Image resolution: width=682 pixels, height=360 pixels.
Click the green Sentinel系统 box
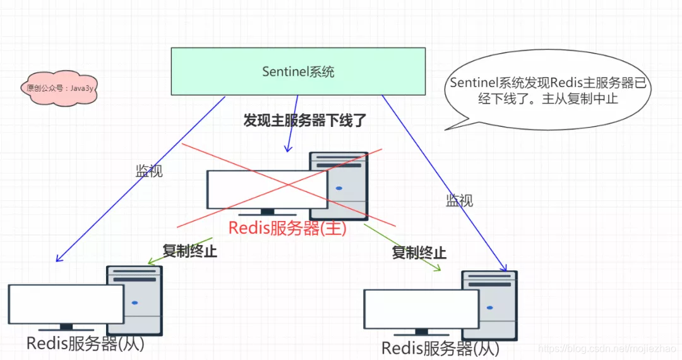coord(298,71)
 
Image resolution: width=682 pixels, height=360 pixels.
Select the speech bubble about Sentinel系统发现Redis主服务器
coord(548,91)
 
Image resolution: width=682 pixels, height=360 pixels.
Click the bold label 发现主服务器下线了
coord(305,121)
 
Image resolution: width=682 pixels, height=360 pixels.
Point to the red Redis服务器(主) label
coord(287,228)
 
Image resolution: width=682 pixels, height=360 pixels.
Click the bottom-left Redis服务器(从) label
coord(85,344)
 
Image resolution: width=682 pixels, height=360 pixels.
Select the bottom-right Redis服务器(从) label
coord(440,348)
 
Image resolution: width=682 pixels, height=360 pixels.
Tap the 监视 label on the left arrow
coord(149,171)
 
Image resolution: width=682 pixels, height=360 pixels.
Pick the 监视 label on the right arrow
coord(459,201)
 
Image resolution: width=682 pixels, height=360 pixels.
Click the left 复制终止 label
coord(189,251)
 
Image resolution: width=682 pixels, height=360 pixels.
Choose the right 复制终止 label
coord(419,253)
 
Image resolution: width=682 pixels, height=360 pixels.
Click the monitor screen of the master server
coord(267,189)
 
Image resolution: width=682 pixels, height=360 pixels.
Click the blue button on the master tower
coord(339,188)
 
